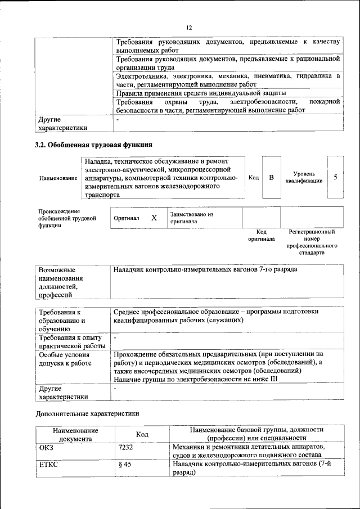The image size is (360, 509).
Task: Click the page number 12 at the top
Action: (189, 27)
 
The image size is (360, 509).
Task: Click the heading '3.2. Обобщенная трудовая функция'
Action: (93, 145)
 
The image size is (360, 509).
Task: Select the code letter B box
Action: (271, 178)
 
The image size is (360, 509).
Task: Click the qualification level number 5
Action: (335, 177)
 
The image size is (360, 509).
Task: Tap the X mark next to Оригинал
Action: (154, 217)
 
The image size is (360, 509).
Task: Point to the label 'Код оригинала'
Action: (261, 235)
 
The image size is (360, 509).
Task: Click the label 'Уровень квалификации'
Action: (304, 177)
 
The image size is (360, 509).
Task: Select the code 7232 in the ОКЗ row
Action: (126, 448)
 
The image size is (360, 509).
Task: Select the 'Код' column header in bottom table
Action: (142, 434)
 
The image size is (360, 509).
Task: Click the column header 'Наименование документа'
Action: (76, 434)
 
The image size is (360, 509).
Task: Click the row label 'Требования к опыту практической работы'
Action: (70, 341)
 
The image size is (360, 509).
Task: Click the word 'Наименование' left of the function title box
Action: (58, 178)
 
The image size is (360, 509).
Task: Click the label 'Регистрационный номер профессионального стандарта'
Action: (312, 242)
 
